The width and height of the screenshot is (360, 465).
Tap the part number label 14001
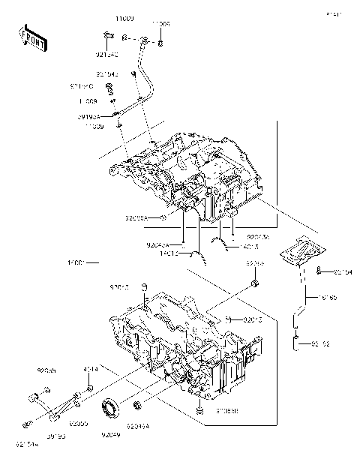tap(78, 263)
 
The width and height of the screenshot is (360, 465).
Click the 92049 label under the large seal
tap(112, 435)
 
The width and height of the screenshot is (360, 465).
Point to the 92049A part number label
tap(138, 426)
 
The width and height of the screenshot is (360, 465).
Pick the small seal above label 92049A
tap(137, 406)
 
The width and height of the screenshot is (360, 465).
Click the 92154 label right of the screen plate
tap(343, 272)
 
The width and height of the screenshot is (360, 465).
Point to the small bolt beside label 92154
tap(319, 270)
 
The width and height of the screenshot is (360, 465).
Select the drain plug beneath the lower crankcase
tap(199, 410)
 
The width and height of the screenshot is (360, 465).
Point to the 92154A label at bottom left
tap(26, 444)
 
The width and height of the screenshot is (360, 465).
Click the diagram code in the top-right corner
tap(334, 13)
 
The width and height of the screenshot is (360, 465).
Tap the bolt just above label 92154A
tap(32, 397)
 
